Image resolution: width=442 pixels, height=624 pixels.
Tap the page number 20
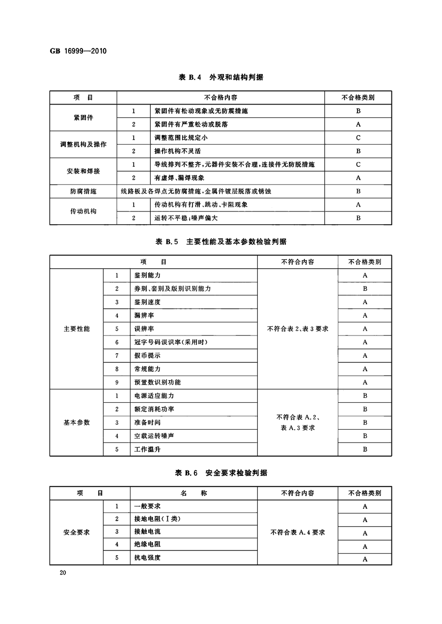pyautogui.click(x=62, y=573)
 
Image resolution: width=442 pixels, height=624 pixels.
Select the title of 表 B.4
pyautogui.click(x=221, y=77)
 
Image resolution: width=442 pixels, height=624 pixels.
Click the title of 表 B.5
pyautogui.click(x=221, y=241)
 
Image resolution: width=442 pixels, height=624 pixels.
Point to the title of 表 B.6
pyautogui.click(x=221, y=473)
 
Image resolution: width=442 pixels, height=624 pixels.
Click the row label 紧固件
pyautogui.click(x=83, y=118)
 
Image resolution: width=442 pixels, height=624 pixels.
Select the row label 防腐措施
pyautogui.click(x=83, y=191)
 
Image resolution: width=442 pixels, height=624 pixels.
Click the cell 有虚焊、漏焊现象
pyautogui.click(x=179, y=178)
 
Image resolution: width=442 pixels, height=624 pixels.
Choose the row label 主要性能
pyautogui.click(x=77, y=329)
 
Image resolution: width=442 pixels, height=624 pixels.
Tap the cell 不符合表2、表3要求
pyautogui.click(x=298, y=329)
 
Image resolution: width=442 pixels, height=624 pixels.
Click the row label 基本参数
pyautogui.click(x=77, y=422)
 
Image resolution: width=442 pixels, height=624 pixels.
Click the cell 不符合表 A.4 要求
pyautogui.click(x=298, y=532)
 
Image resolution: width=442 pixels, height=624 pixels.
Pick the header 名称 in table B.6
pyautogui.click(x=193, y=493)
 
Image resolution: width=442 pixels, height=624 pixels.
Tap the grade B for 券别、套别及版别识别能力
pyautogui.click(x=365, y=289)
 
